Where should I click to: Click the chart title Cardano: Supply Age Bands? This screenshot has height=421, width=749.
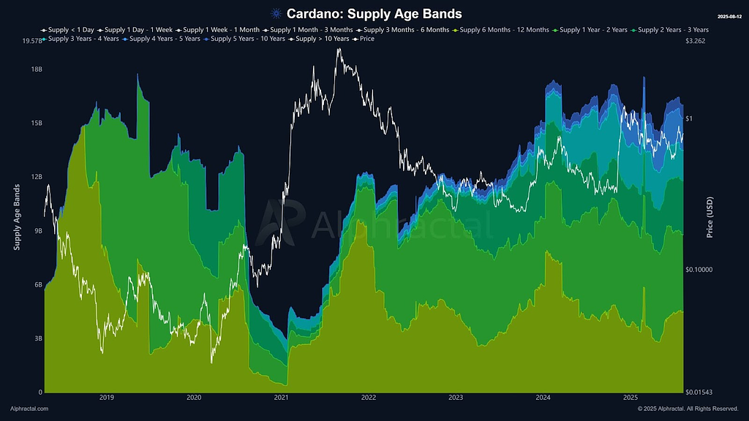point(374,14)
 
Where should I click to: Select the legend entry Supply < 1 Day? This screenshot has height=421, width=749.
point(68,30)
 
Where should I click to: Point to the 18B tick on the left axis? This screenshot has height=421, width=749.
point(34,69)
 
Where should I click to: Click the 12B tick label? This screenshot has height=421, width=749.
point(34,177)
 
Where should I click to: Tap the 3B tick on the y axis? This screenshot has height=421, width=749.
point(37,338)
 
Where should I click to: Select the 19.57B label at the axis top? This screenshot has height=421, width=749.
point(29,42)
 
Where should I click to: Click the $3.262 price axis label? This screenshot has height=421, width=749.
point(698,42)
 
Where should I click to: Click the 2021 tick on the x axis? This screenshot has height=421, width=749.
point(281,398)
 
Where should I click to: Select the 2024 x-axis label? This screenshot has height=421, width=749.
point(543,398)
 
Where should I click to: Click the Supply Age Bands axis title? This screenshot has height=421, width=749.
point(17,218)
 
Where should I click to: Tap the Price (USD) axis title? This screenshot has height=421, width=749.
point(710,218)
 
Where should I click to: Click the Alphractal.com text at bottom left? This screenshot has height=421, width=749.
point(29,409)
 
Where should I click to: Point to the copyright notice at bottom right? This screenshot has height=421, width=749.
point(687,409)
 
